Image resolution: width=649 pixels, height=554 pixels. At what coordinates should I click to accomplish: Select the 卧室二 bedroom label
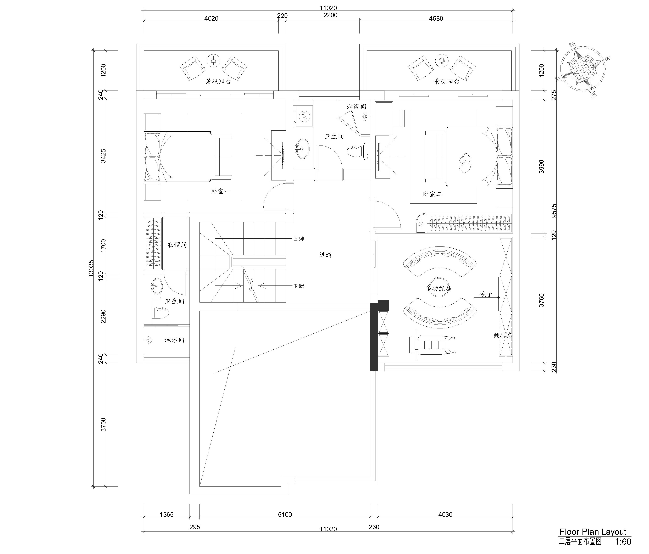432,194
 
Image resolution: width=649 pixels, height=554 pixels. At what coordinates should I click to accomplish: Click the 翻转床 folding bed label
503,335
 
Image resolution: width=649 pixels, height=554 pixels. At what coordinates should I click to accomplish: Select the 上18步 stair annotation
298,239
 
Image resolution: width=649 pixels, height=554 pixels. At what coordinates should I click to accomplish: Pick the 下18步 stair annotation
298,286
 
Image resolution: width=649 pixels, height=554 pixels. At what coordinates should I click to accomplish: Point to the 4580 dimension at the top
436,19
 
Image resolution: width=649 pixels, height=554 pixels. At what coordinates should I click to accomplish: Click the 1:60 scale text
623,541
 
